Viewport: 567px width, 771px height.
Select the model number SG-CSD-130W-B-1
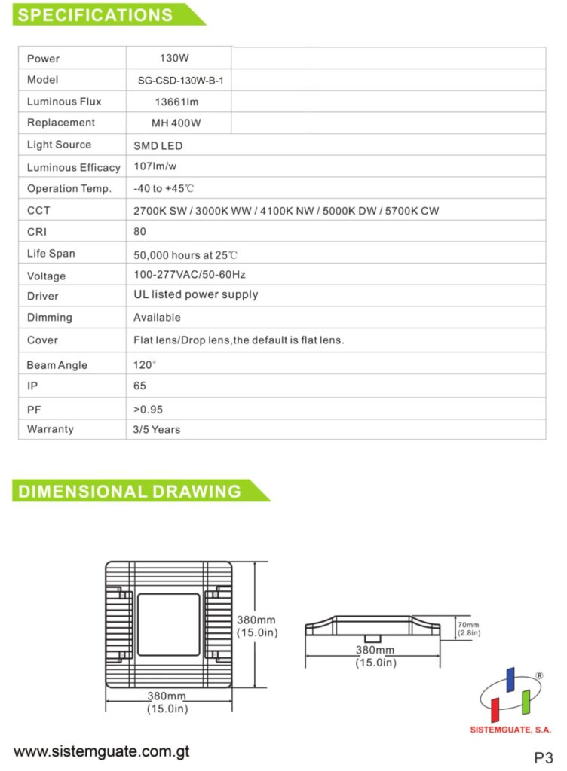click(x=178, y=80)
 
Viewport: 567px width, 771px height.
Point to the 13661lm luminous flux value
click(x=178, y=102)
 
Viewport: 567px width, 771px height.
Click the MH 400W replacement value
click(x=178, y=123)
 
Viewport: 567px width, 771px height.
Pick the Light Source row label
click(x=59, y=145)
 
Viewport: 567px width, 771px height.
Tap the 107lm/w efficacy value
click(x=155, y=166)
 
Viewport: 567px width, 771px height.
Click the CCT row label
click(x=38, y=211)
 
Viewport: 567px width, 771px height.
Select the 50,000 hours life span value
click(x=185, y=254)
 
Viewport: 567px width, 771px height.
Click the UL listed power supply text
click(x=195, y=295)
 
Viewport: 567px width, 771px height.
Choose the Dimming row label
click(x=50, y=318)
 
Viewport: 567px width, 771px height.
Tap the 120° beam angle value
click(x=145, y=364)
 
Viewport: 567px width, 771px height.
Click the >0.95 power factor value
click(x=148, y=410)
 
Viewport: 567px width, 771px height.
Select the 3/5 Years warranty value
click(x=157, y=429)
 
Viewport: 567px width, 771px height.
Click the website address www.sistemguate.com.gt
click(x=101, y=751)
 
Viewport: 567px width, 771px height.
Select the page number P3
click(x=543, y=757)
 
